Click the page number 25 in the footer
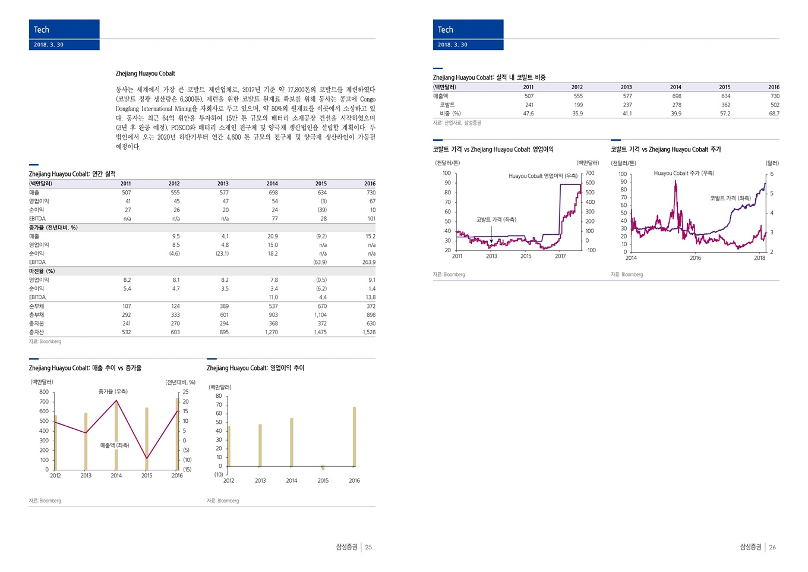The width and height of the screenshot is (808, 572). pos(368,547)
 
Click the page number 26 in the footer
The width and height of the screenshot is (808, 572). pos(772,547)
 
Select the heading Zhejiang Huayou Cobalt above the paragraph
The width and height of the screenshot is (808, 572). pos(145,74)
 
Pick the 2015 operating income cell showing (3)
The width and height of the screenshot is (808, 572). pos(323,201)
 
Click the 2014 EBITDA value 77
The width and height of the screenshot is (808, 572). pos(273,219)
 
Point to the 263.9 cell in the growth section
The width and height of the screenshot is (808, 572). pos(368,262)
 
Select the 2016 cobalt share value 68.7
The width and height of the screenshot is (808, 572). pos(774,114)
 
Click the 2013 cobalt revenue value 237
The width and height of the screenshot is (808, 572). pos(627,105)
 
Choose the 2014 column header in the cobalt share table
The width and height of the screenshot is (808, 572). pos(676,87)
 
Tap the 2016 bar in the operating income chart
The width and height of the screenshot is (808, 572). pos(354,436)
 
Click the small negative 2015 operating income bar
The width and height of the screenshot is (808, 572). pos(323,468)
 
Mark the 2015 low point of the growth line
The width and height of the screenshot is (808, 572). pos(147,458)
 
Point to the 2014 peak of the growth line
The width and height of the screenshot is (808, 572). pos(116,401)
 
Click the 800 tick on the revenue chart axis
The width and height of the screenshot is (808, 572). pos(44,392)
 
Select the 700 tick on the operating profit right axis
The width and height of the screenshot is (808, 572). pos(589,173)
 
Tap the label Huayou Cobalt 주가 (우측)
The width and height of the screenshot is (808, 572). pos(684,173)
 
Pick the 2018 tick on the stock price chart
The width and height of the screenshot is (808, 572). pos(759,258)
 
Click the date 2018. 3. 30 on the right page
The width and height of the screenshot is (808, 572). pos(453,45)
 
